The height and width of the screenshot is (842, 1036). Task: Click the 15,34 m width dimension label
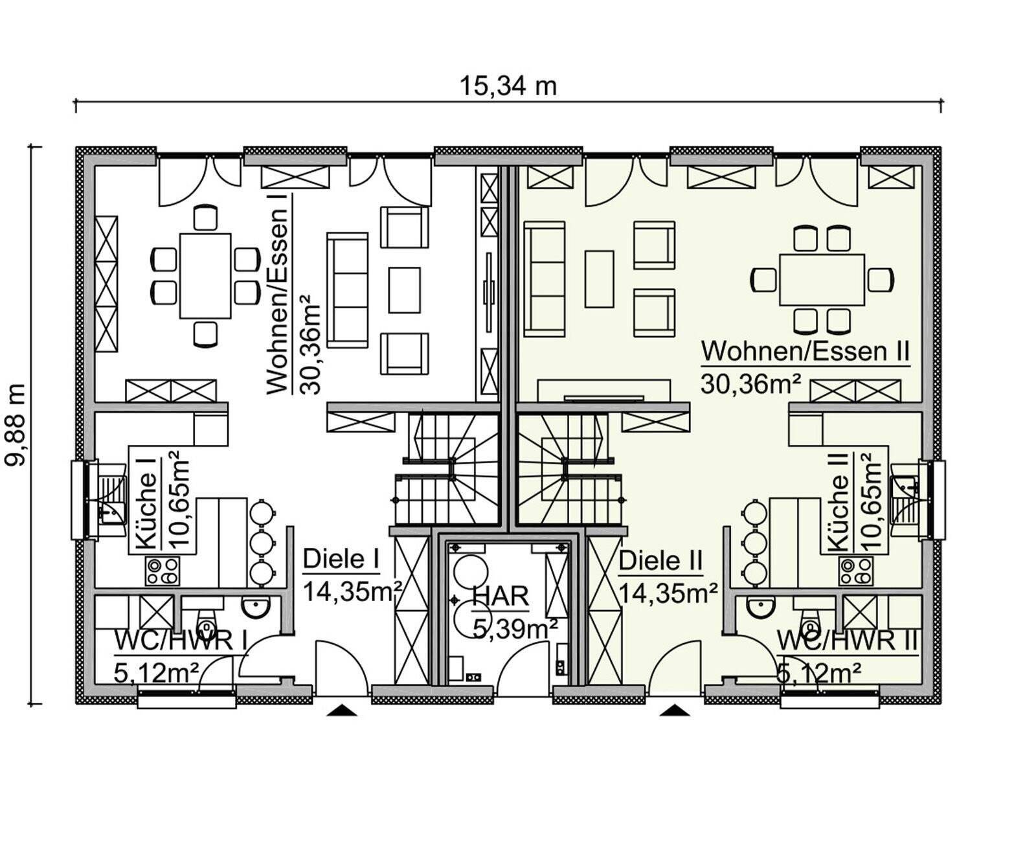pos(508,87)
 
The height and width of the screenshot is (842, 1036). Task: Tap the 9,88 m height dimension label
pos(16,425)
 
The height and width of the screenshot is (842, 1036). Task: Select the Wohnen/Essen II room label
pos(805,351)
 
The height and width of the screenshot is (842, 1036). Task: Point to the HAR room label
pos(501,597)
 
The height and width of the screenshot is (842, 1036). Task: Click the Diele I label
pos(341,559)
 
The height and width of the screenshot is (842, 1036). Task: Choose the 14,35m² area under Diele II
pos(668,593)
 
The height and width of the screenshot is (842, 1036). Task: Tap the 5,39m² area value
pos(515,629)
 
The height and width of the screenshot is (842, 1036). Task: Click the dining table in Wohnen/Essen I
pos(205,276)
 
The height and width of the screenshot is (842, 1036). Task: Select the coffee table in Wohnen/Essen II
pos(599,279)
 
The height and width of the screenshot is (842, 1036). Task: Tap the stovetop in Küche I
pos(163,571)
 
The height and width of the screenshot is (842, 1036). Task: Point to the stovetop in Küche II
pos(855,571)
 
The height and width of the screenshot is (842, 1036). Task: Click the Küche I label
pos(147,505)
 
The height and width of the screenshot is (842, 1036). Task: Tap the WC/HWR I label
pos(181,641)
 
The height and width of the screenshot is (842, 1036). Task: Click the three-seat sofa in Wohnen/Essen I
pos(347,290)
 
